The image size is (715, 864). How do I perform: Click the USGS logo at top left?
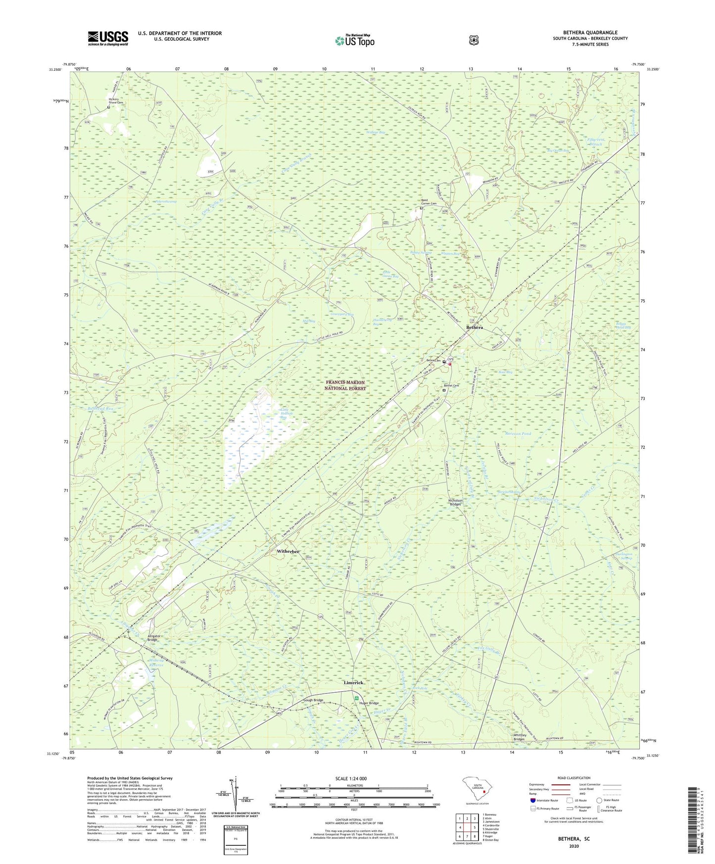pyautogui.click(x=108, y=38)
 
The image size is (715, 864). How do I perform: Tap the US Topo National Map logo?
pyautogui.click(x=354, y=41)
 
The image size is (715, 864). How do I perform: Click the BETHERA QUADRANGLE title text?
pyautogui.click(x=590, y=33)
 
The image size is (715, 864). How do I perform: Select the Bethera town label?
pyautogui.click(x=474, y=328)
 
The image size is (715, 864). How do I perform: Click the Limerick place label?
pyautogui.click(x=353, y=682)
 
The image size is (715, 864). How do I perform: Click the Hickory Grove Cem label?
pyautogui.click(x=116, y=101)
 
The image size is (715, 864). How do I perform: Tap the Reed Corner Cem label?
pyautogui.click(x=429, y=202)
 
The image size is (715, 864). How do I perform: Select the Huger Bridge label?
pyautogui.click(x=369, y=703)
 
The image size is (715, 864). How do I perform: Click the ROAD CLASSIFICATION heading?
pyautogui.click(x=573, y=778)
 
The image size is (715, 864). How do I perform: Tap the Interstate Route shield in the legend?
pyautogui.click(x=533, y=800)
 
